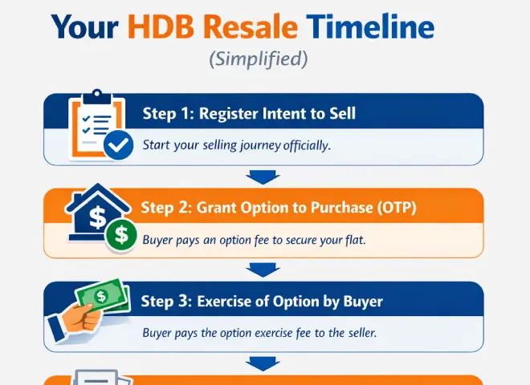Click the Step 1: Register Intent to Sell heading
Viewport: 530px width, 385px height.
(x=249, y=114)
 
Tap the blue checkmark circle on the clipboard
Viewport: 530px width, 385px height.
(x=119, y=145)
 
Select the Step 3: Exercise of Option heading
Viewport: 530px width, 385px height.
(x=262, y=302)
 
